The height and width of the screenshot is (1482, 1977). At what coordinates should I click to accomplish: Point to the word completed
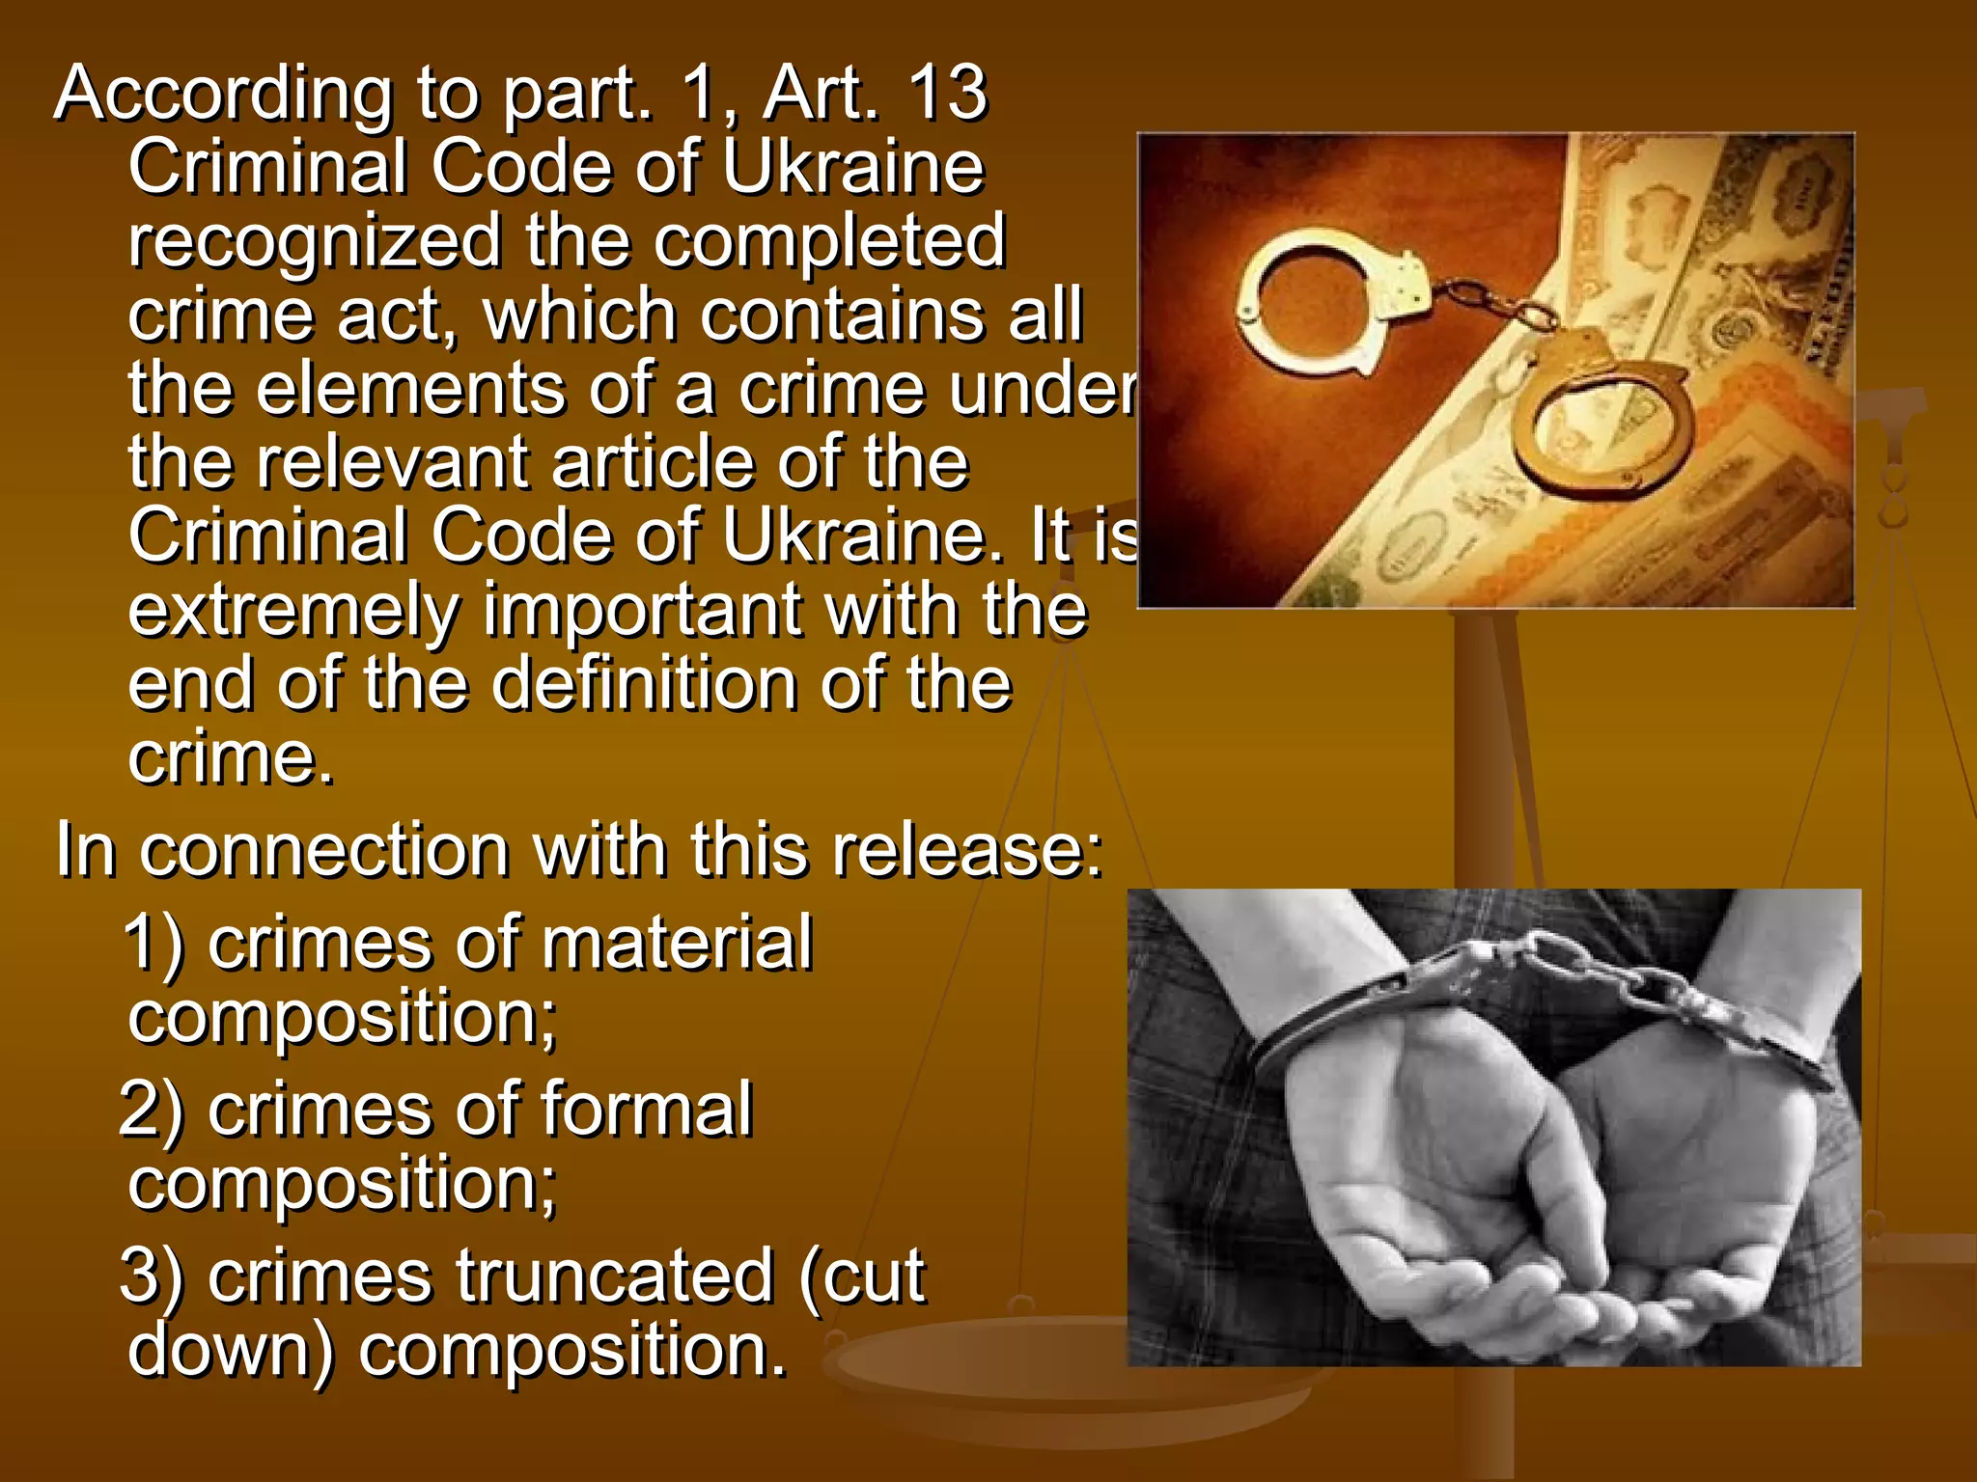(x=829, y=241)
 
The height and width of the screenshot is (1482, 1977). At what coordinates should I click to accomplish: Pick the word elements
(x=410, y=388)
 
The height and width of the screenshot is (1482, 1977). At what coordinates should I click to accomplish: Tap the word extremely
(x=294, y=611)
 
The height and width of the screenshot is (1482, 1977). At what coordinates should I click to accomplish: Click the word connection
(x=324, y=851)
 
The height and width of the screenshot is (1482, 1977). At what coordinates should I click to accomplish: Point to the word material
(x=677, y=943)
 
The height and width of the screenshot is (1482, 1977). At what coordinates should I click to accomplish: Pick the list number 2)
(x=152, y=1111)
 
